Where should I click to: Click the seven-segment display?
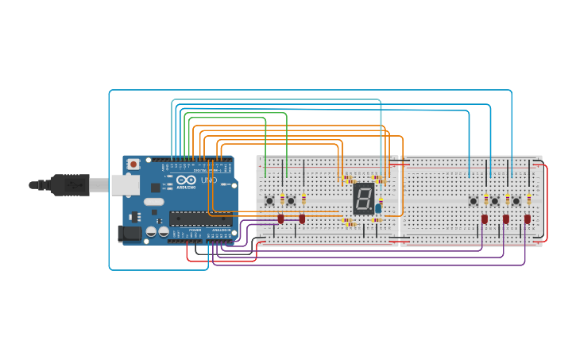coord(363,198)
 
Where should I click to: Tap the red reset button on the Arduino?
coord(133,165)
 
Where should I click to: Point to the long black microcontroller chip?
coord(200,219)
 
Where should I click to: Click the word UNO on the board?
coord(209,180)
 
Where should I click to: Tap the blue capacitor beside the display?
coord(378,208)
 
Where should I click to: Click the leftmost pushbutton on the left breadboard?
coord(269,200)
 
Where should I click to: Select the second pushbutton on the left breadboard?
coord(291,200)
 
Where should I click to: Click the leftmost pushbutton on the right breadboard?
coord(474,200)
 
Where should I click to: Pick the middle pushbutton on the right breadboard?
coord(494,200)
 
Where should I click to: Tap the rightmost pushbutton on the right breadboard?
coord(516,200)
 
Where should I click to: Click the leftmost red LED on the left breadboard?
coord(280,219)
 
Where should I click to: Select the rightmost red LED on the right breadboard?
coord(527,219)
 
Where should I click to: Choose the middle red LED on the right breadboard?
coord(505,219)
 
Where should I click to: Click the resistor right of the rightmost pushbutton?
coord(528,199)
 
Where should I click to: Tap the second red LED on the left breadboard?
coord(302,219)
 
